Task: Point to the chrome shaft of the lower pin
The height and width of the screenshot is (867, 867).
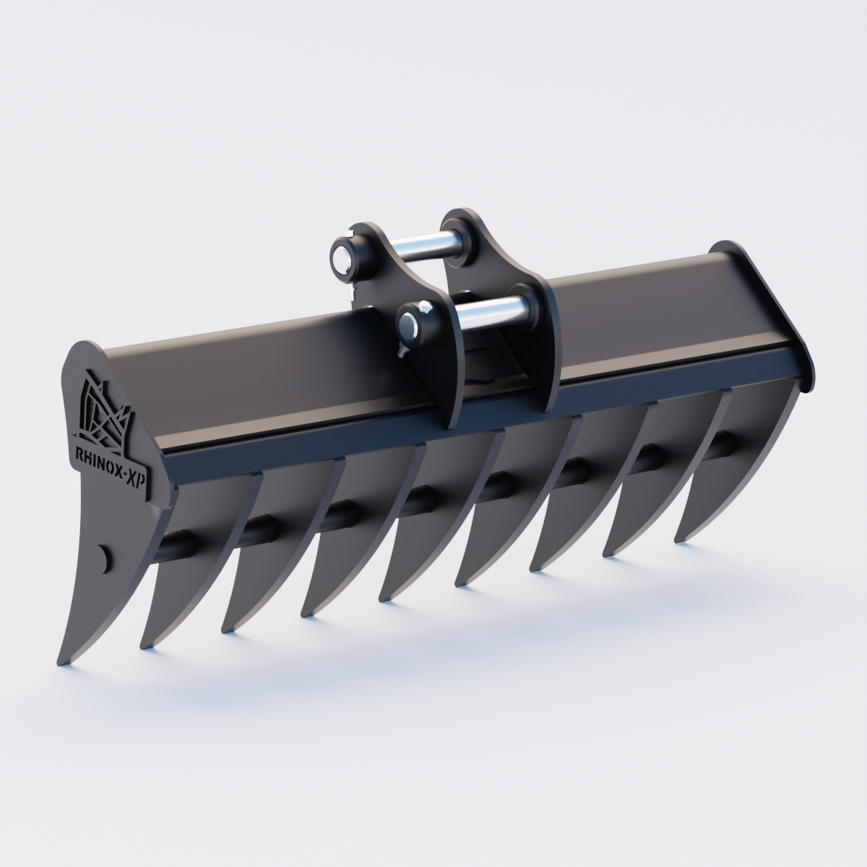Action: pos(493,311)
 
